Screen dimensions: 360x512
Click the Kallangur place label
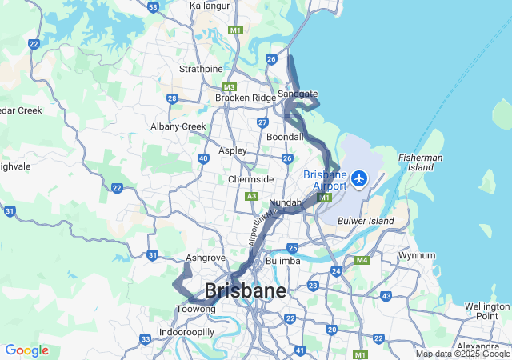pyautogui.click(x=210, y=6)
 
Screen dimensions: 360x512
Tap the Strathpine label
pyautogui.click(x=201, y=69)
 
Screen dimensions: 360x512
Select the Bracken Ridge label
pyautogui.click(x=245, y=98)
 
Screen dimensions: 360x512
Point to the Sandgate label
pyautogui.click(x=298, y=94)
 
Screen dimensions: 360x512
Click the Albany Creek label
pyautogui.click(x=178, y=126)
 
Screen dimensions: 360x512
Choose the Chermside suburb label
pyautogui.click(x=250, y=179)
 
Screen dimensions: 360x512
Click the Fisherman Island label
pyautogui.click(x=420, y=162)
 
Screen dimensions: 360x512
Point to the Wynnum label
pyautogui.click(x=417, y=256)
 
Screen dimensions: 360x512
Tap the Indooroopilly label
pyautogui.click(x=186, y=331)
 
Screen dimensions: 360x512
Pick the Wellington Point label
pyautogui.click(x=486, y=311)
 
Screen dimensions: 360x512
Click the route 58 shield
pyautogui.click(x=154, y=6)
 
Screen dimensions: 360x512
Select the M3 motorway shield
pyautogui.click(x=230, y=86)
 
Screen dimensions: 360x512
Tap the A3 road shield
pyautogui.click(x=252, y=196)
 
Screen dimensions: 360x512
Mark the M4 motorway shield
pyautogui.click(x=362, y=260)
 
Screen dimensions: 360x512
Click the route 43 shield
pyautogui.click(x=386, y=296)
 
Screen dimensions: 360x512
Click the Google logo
pyautogui.click(x=26, y=350)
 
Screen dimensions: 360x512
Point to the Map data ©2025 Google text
pyautogui.click(x=462, y=354)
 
